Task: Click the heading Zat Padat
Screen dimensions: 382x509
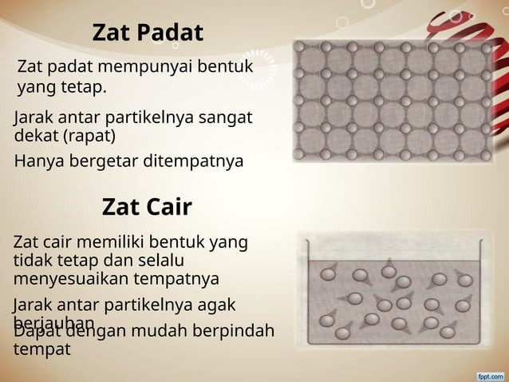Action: (148, 33)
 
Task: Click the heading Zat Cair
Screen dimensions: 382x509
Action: (147, 208)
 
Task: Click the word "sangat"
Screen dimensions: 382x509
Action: (227, 117)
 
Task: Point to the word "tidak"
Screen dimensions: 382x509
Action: (32, 261)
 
